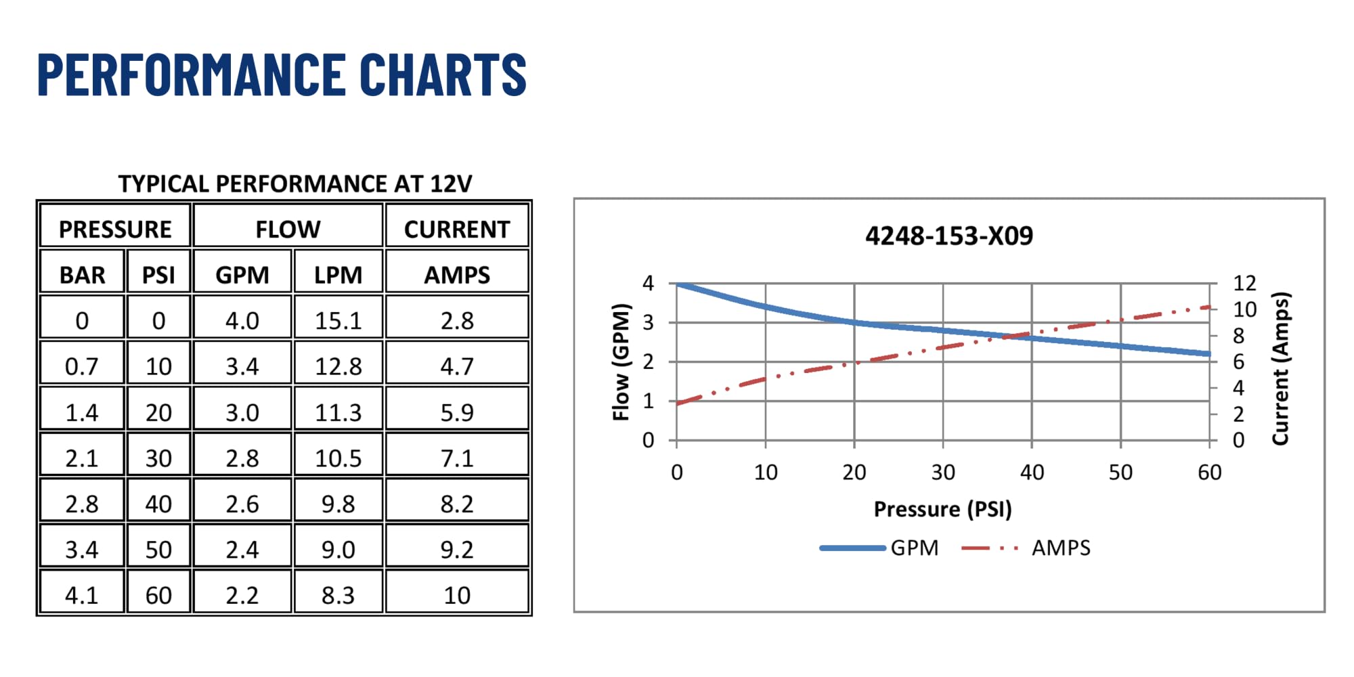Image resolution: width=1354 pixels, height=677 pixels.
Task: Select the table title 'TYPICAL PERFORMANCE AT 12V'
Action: click(295, 184)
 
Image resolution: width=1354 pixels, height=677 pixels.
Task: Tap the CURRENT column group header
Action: click(457, 230)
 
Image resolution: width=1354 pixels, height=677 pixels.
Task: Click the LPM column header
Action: click(338, 275)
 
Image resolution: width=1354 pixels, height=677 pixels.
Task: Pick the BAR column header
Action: click(83, 275)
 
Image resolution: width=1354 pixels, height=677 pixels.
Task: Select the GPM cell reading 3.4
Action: click(242, 366)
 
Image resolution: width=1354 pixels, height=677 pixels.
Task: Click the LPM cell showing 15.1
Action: click(338, 320)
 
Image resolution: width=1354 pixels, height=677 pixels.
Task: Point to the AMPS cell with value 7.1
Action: click(457, 458)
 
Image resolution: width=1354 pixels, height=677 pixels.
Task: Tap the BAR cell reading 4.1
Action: click(82, 595)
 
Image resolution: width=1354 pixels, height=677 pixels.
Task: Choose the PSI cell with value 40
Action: click(158, 504)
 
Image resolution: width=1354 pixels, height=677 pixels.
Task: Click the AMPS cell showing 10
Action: click(457, 595)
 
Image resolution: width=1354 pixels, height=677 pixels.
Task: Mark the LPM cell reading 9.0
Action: click(338, 549)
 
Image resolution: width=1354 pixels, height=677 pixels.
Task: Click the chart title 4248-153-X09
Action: click(949, 236)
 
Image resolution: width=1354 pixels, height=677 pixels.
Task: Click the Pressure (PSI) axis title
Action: click(942, 509)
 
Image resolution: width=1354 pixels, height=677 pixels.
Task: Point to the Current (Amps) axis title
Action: click(1280, 368)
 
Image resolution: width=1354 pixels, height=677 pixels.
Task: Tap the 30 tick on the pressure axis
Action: click(943, 472)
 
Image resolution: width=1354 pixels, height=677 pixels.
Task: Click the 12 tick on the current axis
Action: click(1244, 283)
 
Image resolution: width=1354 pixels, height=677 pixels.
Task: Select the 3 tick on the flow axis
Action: click(648, 322)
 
